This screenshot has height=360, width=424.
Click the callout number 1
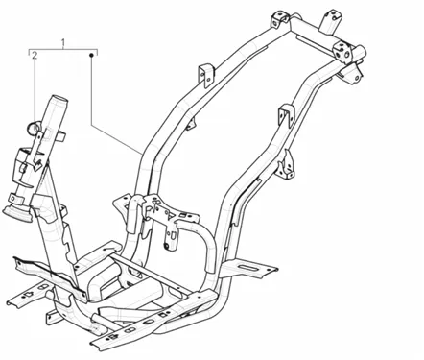pyautogui.click(x=63, y=42)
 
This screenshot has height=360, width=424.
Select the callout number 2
pyautogui.click(x=35, y=55)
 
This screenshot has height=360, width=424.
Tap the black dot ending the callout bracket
pyautogui.click(x=91, y=55)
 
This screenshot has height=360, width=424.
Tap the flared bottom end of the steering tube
pyautogui.click(x=16, y=214)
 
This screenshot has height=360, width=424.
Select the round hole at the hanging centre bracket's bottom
pyautogui.click(x=166, y=246)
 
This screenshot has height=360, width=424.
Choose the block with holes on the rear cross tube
pyautogui.click(x=342, y=51)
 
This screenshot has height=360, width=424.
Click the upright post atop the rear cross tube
pyautogui.click(x=329, y=21)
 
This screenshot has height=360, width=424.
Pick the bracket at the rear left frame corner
pyautogui.click(x=280, y=20)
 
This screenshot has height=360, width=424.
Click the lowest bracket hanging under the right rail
pyautogui.click(x=286, y=165)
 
